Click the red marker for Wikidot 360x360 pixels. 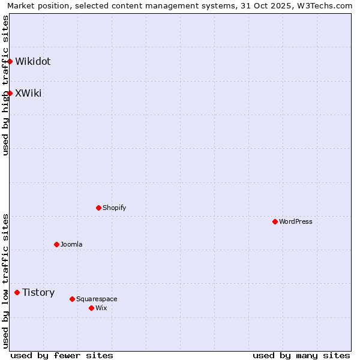tap(10, 61)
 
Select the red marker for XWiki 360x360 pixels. tap(10, 93)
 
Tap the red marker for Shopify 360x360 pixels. tap(98, 208)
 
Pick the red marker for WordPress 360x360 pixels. tap(275, 221)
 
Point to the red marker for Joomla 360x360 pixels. tap(56, 244)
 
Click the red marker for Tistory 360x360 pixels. tap(17, 292)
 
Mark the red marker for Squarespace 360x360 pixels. tap(72, 299)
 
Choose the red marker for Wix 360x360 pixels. tap(91, 308)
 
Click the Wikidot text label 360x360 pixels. tap(33, 61)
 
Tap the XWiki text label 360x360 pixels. tap(28, 93)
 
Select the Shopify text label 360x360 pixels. tap(114, 208)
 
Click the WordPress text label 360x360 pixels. tap(296, 221)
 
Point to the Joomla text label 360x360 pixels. tap(71, 244)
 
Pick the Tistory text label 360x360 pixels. tap(38, 292)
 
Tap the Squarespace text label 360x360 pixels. tap(97, 299)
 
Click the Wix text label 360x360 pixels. tap(101, 308)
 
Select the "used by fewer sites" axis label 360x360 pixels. tap(62, 355)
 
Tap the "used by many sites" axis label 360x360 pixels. tap(301, 355)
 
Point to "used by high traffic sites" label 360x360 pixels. tap(5, 85)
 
